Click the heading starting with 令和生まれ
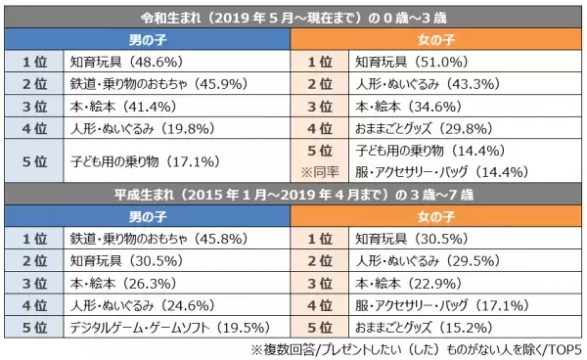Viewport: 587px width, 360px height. tap(293, 16)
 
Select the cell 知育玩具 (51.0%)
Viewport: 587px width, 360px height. tap(408, 61)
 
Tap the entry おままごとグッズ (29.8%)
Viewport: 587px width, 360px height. tap(427, 128)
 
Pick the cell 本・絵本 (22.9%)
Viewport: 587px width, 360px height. tap(405, 282)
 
